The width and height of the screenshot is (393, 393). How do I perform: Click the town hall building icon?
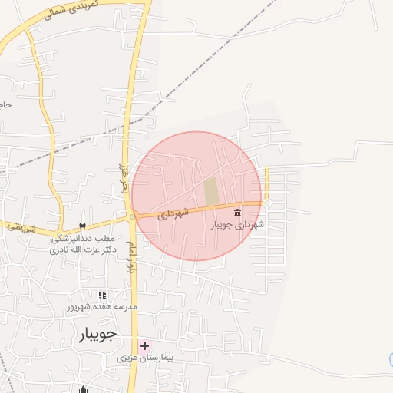237,212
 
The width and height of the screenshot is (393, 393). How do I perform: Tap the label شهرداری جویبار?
238,225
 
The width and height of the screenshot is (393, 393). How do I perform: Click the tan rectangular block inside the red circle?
211,191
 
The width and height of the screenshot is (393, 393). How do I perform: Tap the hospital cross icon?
144,346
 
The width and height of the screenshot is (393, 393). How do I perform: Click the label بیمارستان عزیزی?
146,358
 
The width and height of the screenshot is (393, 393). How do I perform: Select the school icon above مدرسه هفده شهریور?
102,295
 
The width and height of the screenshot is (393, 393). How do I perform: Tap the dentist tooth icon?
82,226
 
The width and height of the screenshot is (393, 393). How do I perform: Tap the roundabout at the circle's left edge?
133,217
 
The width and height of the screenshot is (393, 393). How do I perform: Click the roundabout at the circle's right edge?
266,203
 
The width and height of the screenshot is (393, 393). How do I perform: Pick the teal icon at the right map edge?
391,359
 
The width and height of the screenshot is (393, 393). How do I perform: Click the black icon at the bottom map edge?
83,389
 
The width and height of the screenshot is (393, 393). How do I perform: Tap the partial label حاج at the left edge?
5,104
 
